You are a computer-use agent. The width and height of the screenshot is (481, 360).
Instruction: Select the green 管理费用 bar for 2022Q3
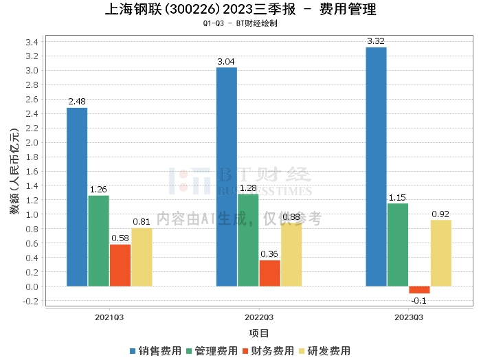tap(248, 240)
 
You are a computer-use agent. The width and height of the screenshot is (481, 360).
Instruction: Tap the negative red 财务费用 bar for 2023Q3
tap(419, 290)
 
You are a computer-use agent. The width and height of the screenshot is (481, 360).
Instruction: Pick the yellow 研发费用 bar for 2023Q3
tap(440, 253)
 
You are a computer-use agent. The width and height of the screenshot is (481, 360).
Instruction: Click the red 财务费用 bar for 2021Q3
tap(120, 265)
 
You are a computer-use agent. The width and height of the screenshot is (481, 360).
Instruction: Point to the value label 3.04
tap(226, 61)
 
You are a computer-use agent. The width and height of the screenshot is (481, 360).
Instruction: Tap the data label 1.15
tap(398, 197)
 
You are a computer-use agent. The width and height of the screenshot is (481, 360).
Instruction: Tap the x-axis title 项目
tap(259, 333)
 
